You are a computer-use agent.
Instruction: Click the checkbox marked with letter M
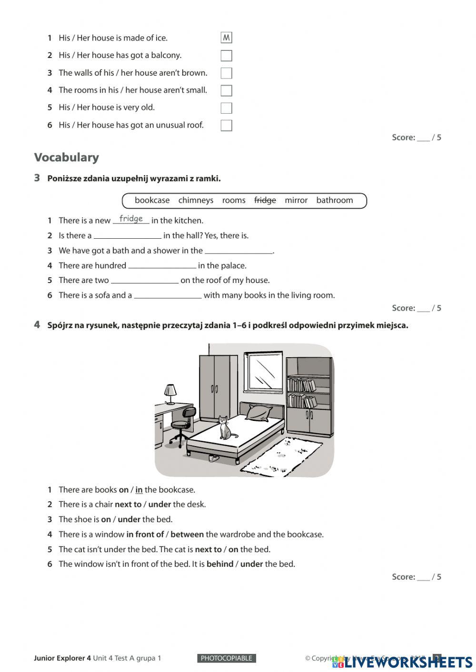coord(227,38)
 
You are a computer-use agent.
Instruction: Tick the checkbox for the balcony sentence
coord(227,56)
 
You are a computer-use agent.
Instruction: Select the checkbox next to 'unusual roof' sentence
coord(227,126)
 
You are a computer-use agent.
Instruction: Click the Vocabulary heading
coord(67,157)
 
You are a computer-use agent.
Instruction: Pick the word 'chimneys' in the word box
coord(196,200)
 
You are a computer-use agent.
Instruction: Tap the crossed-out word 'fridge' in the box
coord(265,200)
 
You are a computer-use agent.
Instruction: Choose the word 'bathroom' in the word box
coord(335,200)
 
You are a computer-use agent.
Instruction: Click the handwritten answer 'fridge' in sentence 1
coord(131,219)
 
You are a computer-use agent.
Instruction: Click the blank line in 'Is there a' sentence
coord(128,236)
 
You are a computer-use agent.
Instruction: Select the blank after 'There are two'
coord(145,281)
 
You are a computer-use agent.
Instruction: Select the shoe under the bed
coord(214,458)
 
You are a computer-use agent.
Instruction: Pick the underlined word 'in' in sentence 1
coord(139,490)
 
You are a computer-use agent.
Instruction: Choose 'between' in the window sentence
coord(187,535)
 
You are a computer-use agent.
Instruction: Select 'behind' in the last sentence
coord(220,564)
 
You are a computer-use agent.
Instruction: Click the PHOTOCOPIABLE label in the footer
coord(227,658)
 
